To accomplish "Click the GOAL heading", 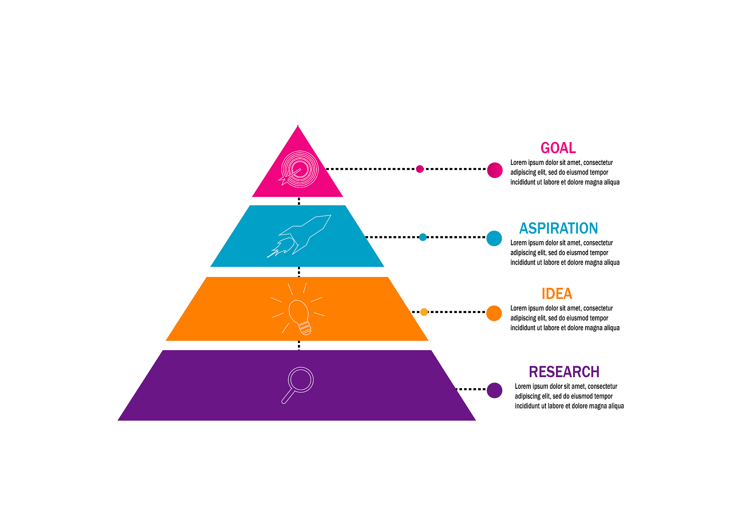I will pos(558,148).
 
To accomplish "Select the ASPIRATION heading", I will pos(558,228).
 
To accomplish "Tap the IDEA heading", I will pos(557,294).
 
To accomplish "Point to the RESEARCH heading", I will pos(564,372).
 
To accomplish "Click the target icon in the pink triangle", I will pos(299,169).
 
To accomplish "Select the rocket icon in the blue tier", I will pos(299,236).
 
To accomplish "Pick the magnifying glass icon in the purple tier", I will pos(298,384).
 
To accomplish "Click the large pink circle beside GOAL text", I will pos(494,170).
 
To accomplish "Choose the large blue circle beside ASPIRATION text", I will pos(494,238).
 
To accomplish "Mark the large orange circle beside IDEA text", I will pos(494,313).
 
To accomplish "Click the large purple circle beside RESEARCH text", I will pos(494,390).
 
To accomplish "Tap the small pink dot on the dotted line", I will pos(420,169).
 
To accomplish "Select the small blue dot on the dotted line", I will pos(423,237).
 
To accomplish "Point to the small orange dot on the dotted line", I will pos(424,312).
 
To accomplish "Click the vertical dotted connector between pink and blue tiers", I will pos(299,201).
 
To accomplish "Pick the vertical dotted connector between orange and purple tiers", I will pos(299,345).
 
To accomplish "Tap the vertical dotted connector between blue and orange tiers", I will pos(299,272).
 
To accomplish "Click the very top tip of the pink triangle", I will pos(298,127).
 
